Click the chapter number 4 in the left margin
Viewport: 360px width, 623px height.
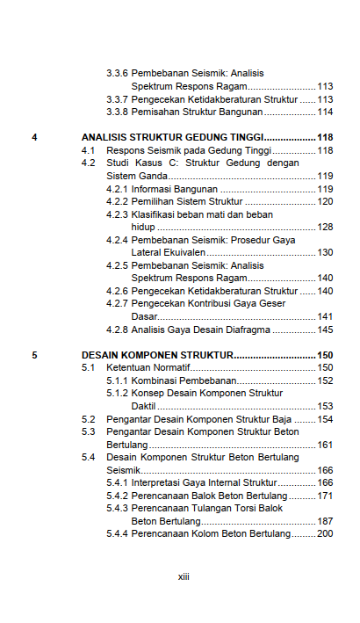[34, 138]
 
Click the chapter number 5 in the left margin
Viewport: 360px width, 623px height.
[34, 355]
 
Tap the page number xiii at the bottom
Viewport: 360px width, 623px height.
[184, 577]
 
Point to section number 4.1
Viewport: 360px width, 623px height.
[88, 151]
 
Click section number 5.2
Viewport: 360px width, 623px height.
[88, 419]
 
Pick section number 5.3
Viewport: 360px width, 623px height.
[88, 431]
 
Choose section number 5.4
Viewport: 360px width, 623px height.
[88, 457]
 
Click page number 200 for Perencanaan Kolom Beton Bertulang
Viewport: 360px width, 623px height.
[325, 533]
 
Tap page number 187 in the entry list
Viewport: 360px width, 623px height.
[325, 521]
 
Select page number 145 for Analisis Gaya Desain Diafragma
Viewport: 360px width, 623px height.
[325, 330]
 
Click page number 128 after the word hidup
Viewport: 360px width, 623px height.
[325, 227]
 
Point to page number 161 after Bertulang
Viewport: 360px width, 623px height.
[325, 445]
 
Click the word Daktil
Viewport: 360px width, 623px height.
[144, 406]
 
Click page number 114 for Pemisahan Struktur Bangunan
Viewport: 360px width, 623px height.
[325, 112]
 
